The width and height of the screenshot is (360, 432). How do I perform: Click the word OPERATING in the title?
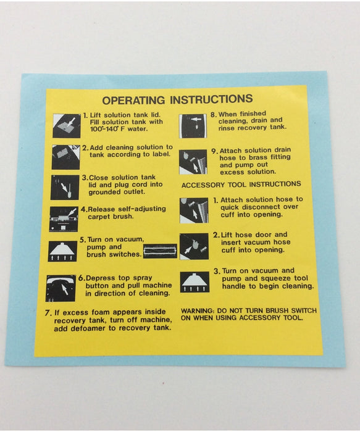pyautogui.click(x=134, y=100)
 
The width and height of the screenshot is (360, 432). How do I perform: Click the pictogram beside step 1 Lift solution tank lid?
pyautogui.click(x=67, y=126)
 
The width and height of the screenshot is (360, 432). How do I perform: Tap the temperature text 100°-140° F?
pyautogui.click(x=107, y=129)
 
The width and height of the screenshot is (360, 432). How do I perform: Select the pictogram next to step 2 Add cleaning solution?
pyautogui.click(x=66, y=157)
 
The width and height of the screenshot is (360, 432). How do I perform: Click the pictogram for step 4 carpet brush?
pyautogui.click(x=64, y=219)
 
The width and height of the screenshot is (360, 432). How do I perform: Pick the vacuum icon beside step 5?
pyautogui.click(x=63, y=251)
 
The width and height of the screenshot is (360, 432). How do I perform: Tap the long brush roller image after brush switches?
pyautogui.click(x=160, y=251)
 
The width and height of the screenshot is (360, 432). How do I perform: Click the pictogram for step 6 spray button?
pyautogui.click(x=61, y=288)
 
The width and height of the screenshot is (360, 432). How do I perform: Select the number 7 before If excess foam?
pyautogui.click(x=48, y=313)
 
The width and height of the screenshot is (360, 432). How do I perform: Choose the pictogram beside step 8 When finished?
pyautogui.click(x=193, y=126)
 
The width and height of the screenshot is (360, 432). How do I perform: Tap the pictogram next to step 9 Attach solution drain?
pyautogui.click(x=193, y=162)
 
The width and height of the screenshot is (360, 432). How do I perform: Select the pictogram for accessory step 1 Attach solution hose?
pyautogui.click(x=194, y=210)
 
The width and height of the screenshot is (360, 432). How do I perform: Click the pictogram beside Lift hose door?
pyautogui.click(x=194, y=247)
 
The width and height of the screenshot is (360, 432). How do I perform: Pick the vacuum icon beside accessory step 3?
pyautogui.click(x=195, y=282)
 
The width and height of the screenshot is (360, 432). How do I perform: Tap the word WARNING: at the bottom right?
pyautogui.click(x=198, y=311)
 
